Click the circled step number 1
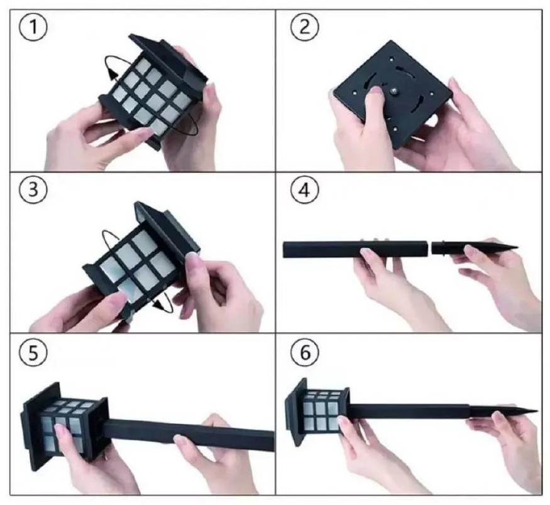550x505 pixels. tap(33, 27)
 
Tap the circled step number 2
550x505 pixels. tap(305, 27)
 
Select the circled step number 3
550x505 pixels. tap(33, 190)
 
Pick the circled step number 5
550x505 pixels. tap(33, 353)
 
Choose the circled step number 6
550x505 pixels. tap(305, 352)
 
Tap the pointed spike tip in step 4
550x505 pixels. tap(517, 247)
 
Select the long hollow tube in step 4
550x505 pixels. tap(355, 249)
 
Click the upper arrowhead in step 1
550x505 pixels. tap(112, 75)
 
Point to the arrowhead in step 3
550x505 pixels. tap(161, 305)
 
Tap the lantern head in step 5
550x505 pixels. tap(65, 426)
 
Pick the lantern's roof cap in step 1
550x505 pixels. tap(168, 59)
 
